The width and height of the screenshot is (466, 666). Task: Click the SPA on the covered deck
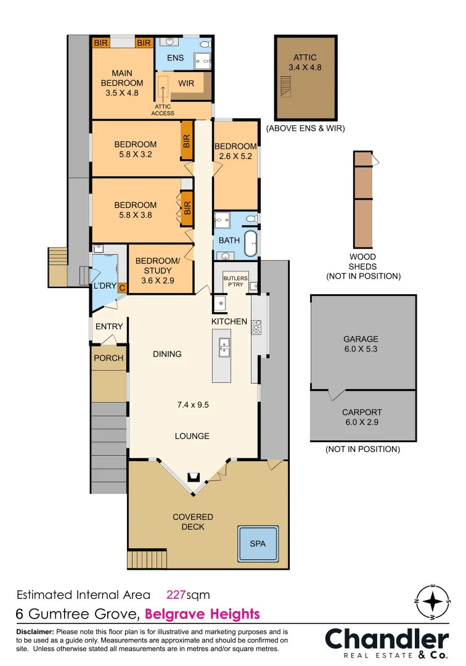(x=258, y=543)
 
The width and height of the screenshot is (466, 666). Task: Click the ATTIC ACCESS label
(x=163, y=110)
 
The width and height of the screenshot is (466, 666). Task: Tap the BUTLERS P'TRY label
(x=235, y=281)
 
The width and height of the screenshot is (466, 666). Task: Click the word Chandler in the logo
(x=387, y=639)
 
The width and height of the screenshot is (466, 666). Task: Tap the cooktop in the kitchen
(x=256, y=327)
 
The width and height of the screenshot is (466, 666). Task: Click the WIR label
(x=187, y=83)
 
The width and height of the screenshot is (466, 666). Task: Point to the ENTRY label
(x=109, y=326)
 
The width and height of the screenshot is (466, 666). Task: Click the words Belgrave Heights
(x=202, y=614)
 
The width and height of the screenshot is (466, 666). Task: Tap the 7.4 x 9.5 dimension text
(x=193, y=405)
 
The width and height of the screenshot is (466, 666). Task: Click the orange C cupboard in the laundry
(x=121, y=287)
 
